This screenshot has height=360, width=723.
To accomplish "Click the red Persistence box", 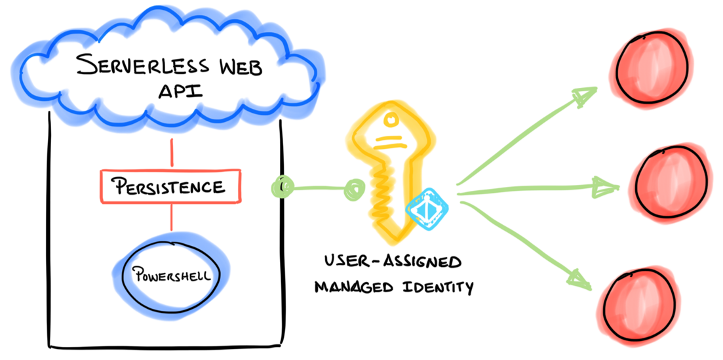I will tap(170, 186).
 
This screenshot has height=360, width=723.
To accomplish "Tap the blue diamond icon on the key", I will tap(426, 209).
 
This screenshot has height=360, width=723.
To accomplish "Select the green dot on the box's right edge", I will tap(280, 188).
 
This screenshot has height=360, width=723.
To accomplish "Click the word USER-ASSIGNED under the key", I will tap(391, 262).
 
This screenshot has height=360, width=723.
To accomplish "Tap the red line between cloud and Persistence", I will tap(172, 153).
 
